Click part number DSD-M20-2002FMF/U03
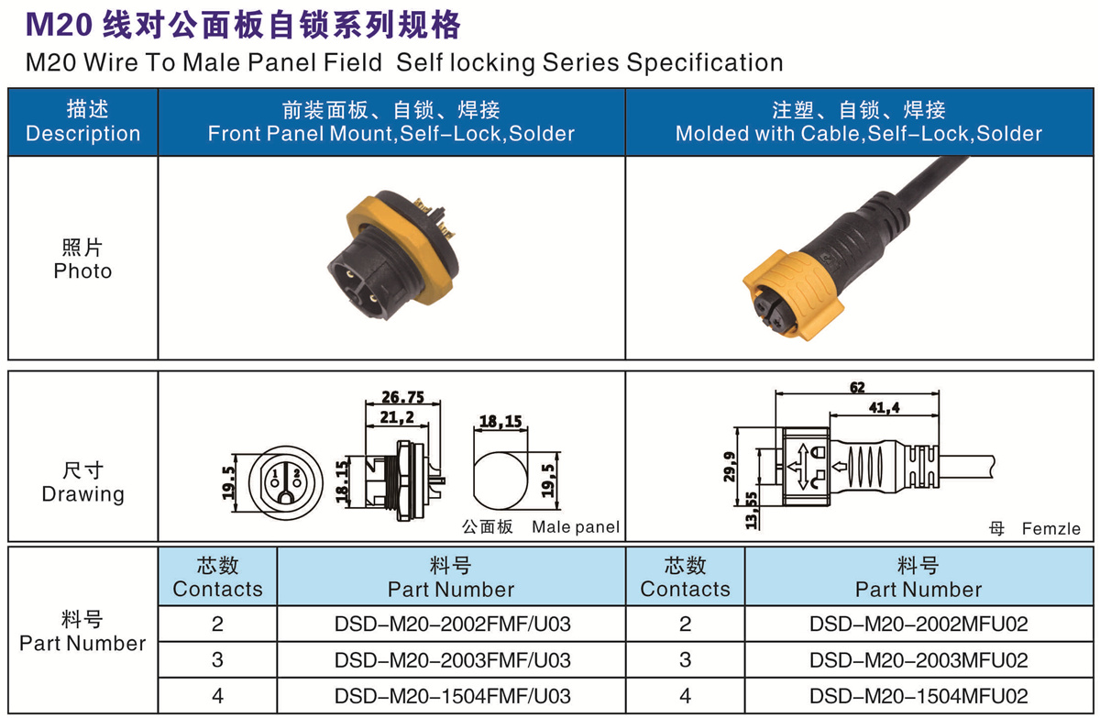tap(452, 624)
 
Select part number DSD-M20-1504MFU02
tap(918, 696)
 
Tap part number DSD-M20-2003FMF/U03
tap(452, 660)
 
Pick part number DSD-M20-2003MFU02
tap(918, 660)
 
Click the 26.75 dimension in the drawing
tap(402, 397)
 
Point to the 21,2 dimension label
tap(397, 417)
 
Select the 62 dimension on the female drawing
tap(857, 388)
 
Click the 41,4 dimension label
tap(884, 408)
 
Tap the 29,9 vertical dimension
tap(730, 467)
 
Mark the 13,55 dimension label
tap(752, 510)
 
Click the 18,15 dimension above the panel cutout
tap(500, 422)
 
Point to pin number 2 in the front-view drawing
tap(297, 473)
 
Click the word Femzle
tap(1050, 529)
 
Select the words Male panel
tap(576, 527)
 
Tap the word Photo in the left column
tap(82, 271)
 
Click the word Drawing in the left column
tap(83, 494)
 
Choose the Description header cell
tap(83, 122)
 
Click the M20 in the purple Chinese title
tap(59, 25)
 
